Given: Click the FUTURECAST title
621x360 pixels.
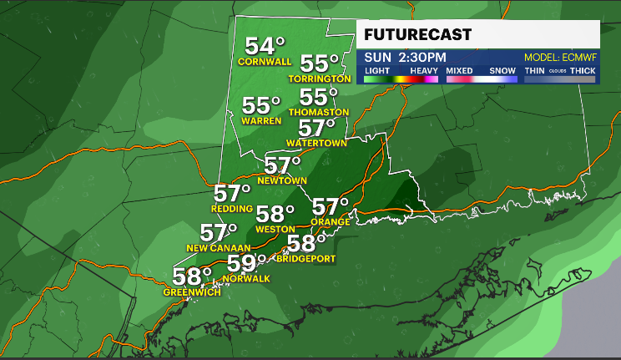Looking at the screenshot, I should pos(418,35).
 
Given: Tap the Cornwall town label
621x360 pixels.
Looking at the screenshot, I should pos(265,62).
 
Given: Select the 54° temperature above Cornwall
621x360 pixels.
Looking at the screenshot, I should pos(265,46).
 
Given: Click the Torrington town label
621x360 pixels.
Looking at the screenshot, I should pos(320,79).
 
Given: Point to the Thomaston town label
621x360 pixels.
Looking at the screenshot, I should pos(319,112).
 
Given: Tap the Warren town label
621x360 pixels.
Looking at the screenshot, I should pos(262,120).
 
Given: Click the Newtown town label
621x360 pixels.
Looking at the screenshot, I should pos(283,180).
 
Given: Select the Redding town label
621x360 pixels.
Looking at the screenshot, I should pos(232,208).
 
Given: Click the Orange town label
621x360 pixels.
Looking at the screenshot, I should pos(331,221).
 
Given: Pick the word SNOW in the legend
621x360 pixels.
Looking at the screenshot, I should pos(503,71).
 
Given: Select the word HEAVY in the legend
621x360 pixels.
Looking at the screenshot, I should pos(423,71).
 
